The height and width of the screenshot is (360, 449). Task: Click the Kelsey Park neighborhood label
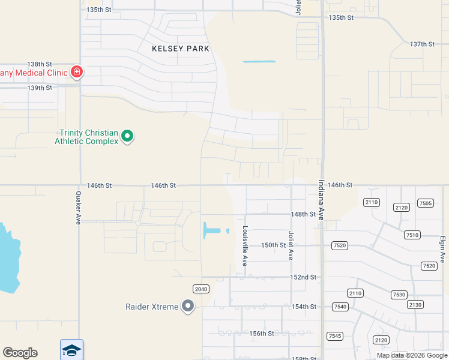coord(181,49)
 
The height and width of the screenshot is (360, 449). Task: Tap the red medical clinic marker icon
coord(76,73)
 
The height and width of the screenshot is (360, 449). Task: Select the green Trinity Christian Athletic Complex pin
coord(127,137)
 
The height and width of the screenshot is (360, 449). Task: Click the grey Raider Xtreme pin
coord(188,307)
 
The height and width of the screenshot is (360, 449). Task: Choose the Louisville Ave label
coord(245,246)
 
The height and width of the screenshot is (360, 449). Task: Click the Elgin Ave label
coord(442,248)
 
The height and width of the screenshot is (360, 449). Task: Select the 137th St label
coord(421,44)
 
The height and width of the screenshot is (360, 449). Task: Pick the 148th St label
coord(303,214)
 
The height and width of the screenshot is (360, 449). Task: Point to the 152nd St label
coord(303,277)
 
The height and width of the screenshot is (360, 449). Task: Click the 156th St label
coord(262,334)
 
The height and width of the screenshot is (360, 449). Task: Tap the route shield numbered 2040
coord(200,289)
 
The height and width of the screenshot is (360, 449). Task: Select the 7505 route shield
coord(425,203)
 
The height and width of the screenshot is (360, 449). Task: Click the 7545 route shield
coord(334,335)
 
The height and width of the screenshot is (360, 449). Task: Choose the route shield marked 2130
coord(415,305)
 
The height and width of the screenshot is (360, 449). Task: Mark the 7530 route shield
coord(399,295)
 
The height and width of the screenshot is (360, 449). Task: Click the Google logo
coord(20,353)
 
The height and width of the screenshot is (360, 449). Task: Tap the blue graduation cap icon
coord(71,350)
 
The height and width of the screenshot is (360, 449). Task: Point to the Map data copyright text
coord(411,355)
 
